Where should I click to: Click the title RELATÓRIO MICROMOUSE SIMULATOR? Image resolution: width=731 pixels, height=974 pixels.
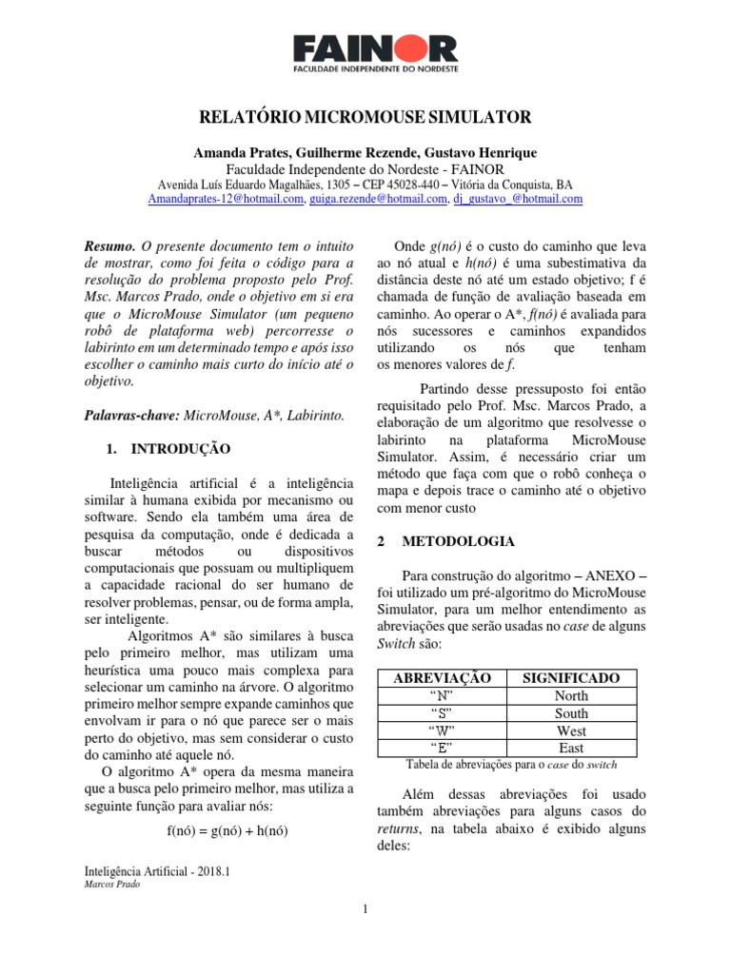[365, 118]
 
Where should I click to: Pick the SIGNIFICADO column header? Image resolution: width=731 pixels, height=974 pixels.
[572, 678]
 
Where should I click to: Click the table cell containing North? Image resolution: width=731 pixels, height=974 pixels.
[572, 695]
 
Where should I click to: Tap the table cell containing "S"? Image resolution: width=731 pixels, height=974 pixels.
[442, 713]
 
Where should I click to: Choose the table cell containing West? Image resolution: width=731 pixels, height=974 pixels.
[572, 730]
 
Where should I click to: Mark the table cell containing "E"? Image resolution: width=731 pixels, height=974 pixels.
[442, 748]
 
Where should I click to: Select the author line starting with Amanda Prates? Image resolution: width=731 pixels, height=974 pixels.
[365, 153]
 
